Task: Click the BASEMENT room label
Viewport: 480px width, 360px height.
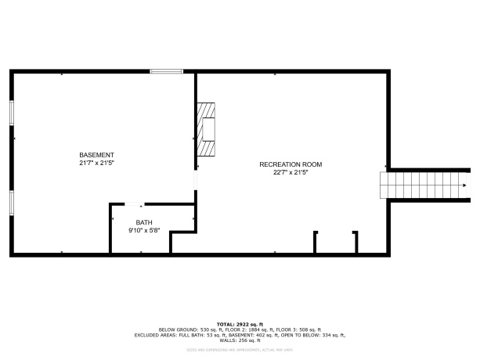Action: pos(96,155)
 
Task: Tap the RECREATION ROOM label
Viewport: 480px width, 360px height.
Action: pos(291,164)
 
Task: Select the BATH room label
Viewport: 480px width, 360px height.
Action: pos(145,222)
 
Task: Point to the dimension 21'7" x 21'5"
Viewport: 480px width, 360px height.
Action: pos(96,164)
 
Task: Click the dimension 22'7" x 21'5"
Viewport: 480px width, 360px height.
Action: pos(291,172)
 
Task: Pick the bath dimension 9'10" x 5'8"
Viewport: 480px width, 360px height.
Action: pos(145,231)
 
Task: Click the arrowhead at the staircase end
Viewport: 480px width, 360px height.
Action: pos(465,185)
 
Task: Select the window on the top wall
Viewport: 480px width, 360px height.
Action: pos(166,72)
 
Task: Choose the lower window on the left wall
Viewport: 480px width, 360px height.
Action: pos(11,202)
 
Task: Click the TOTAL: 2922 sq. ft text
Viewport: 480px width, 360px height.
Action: pos(240,324)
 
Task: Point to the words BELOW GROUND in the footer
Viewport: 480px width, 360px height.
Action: pos(176,329)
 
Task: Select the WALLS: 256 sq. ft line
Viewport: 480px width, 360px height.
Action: pos(240,340)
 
